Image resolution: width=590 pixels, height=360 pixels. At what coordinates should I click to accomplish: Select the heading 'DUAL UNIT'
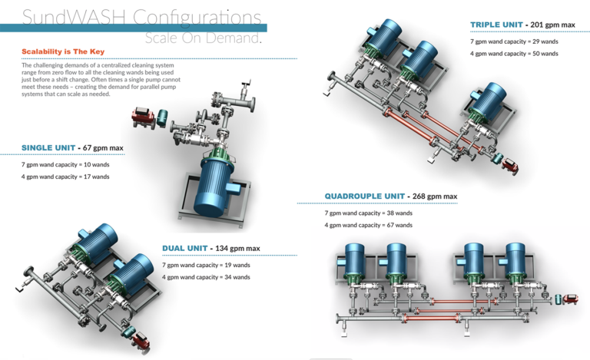tap(185, 248)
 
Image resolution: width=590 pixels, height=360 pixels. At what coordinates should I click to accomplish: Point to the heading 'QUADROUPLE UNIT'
tap(363, 196)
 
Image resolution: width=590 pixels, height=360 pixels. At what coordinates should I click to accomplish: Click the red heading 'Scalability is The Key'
tap(63, 51)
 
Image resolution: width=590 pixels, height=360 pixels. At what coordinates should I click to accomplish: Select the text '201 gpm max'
tap(553, 25)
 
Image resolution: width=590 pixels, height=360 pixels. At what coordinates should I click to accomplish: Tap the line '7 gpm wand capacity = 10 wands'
tap(65, 164)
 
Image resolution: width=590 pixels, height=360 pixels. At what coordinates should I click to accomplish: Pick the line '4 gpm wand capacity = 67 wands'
tap(368, 225)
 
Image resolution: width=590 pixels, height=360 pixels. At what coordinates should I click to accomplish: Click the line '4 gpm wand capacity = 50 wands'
tap(514, 54)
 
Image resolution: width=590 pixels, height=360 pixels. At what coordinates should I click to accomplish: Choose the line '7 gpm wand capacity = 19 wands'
tap(206, 265)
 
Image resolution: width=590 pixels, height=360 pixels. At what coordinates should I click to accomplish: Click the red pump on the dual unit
tap(140, 336)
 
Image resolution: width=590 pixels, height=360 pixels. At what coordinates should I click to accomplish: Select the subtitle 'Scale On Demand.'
tap(203, 38)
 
